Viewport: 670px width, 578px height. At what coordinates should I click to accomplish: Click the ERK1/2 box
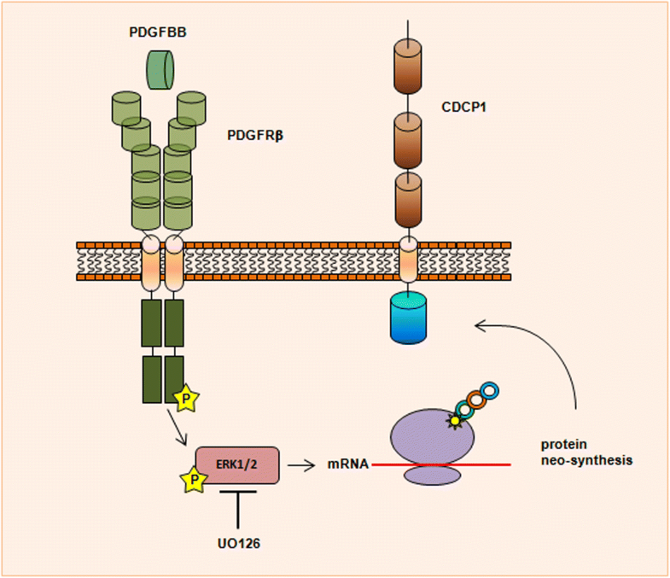(237, 465)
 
